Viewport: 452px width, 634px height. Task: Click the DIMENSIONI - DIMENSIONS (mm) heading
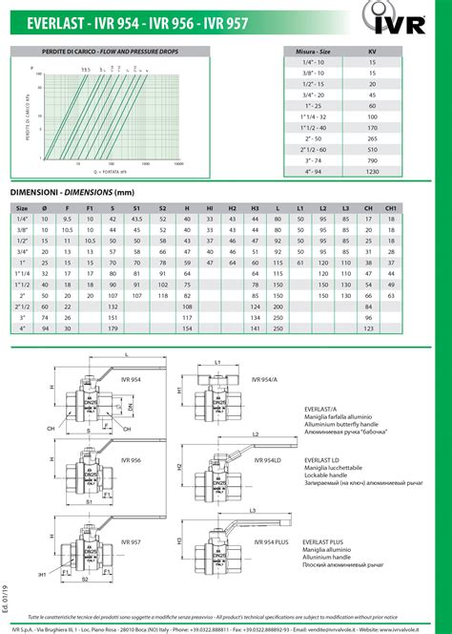[71, 191]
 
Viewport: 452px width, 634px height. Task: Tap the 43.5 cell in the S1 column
[136, 219]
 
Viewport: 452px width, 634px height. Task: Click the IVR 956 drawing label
[156, 460]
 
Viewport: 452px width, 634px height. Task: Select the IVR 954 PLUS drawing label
[273, 541]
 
